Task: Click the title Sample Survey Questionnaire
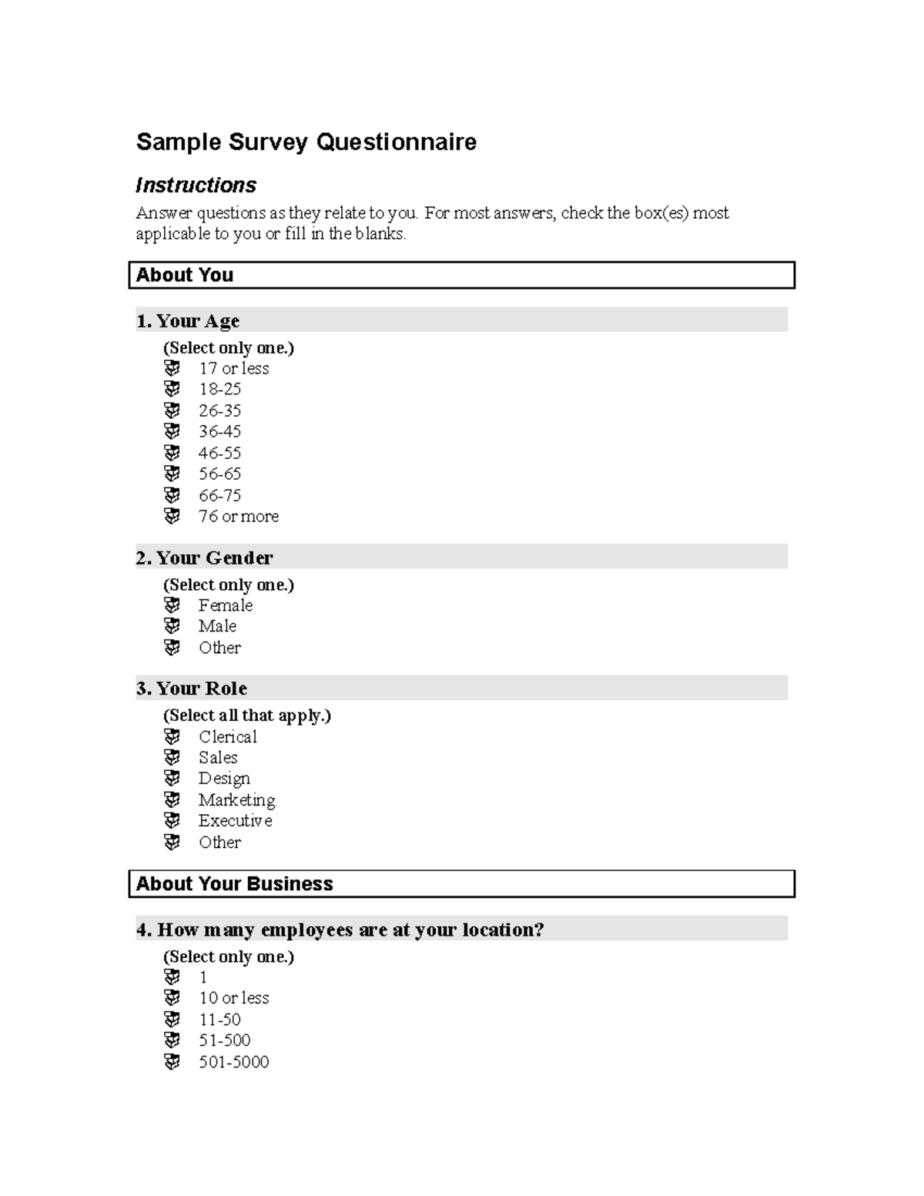click(306, 142)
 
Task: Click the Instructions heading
click(196, 186)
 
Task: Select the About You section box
click(461, 275)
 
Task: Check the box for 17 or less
click(172, 368)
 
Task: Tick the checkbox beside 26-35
click(172, 410)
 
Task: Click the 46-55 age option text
click(219, 453)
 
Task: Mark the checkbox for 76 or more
click(172, 516)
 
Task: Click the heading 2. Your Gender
click(204, 558)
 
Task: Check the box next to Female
click(172, 605)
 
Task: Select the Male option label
click(217, 626)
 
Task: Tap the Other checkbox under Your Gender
click(172, 648)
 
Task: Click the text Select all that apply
click(246, 715)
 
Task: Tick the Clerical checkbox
click(172, 737)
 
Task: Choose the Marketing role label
click(236, 800)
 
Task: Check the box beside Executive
click(172, 821)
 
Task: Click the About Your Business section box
click(461, 883)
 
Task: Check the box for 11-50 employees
click(172, 1020)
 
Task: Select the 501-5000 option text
click(233, 1062)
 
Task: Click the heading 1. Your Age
click(188, 321)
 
